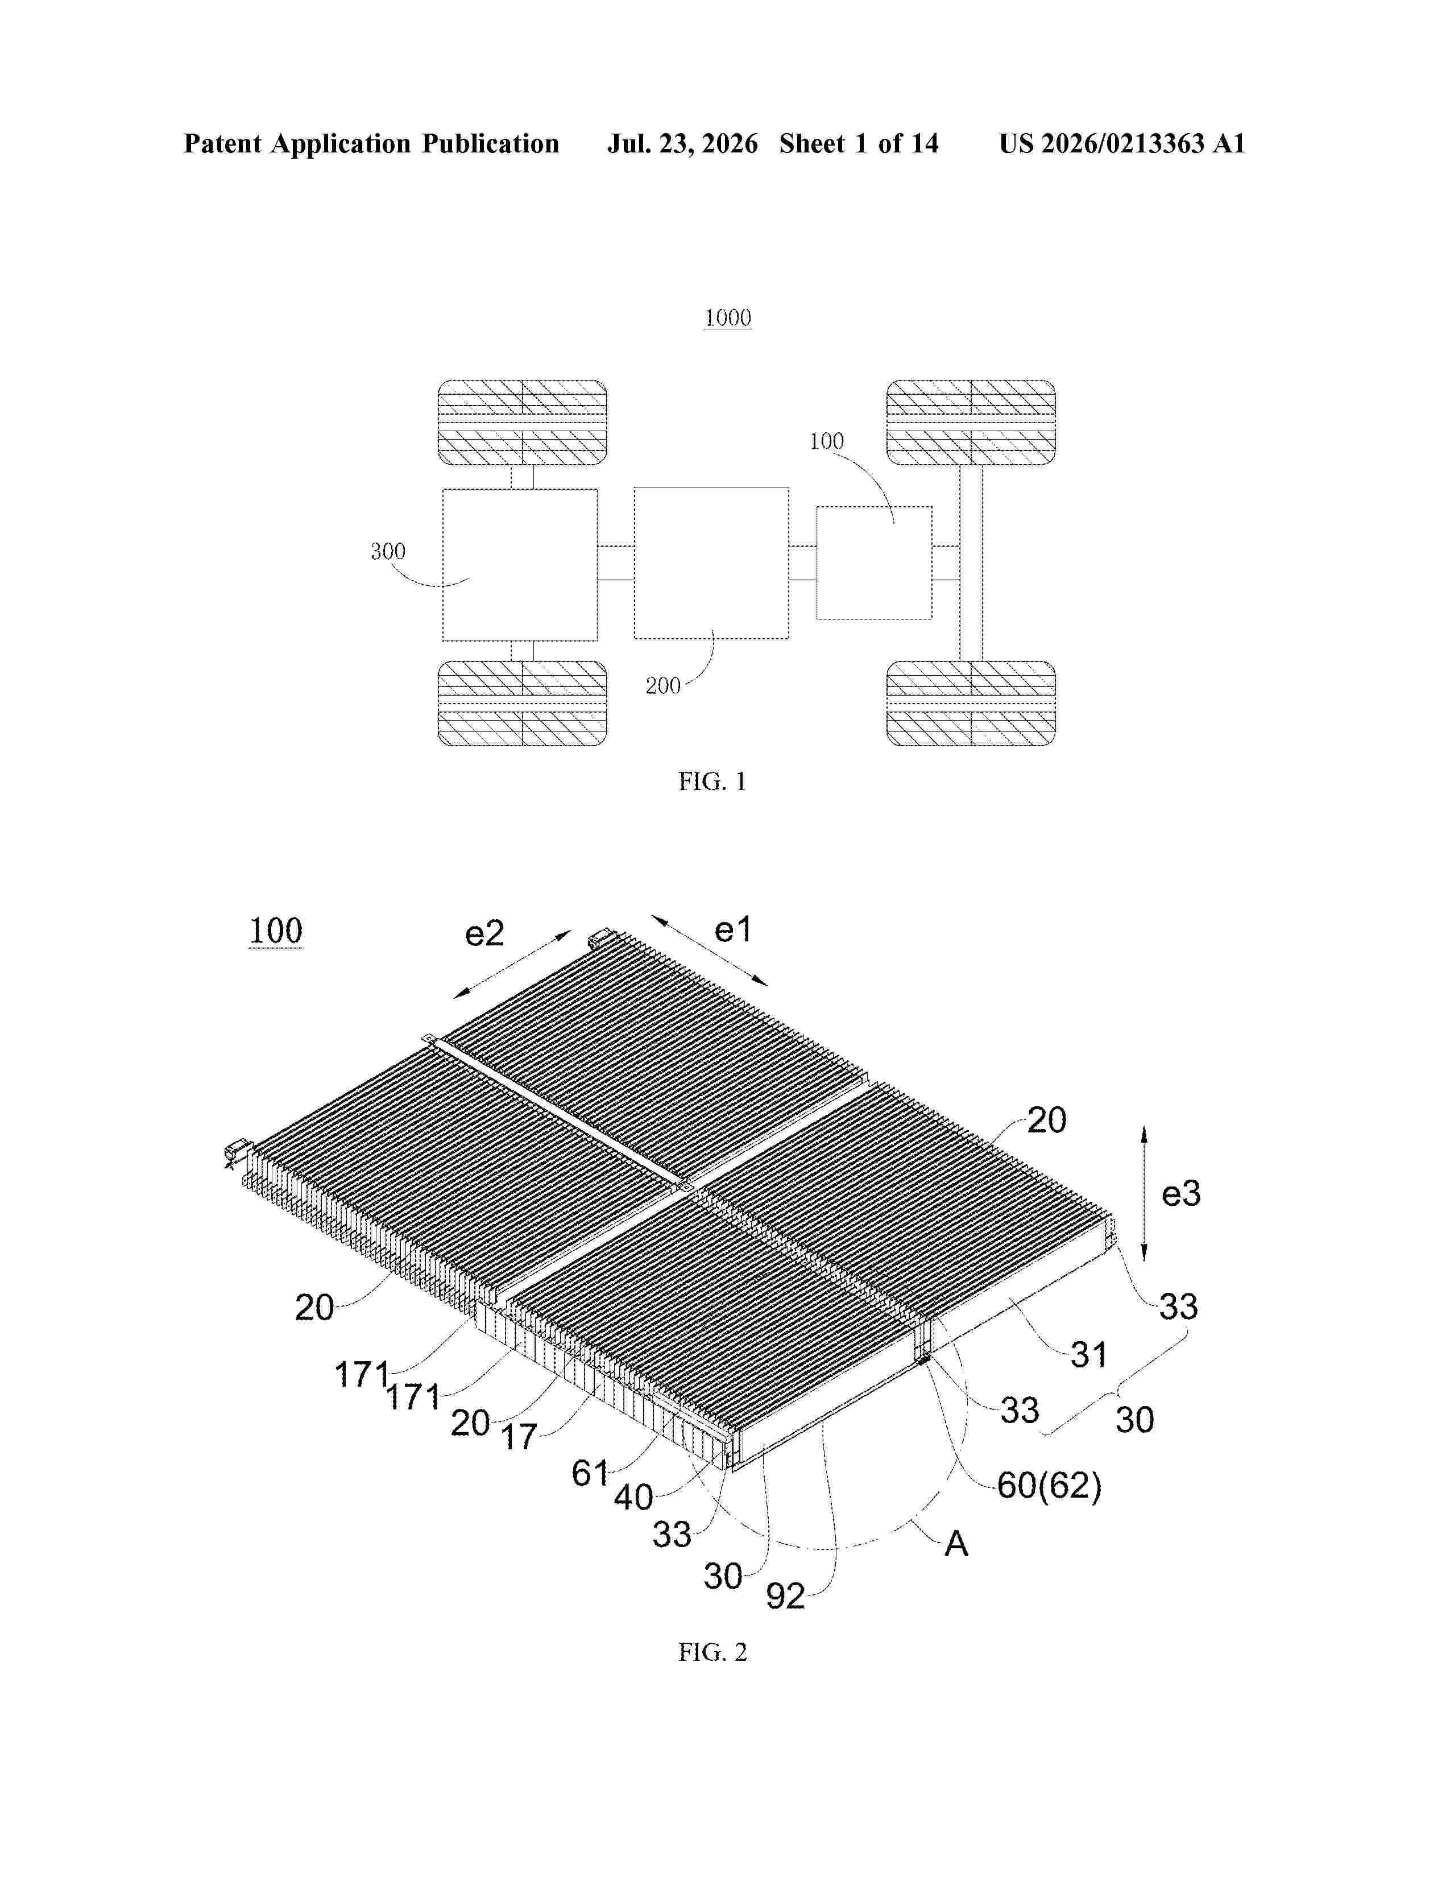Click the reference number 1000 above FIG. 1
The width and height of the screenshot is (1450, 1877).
[728, 318]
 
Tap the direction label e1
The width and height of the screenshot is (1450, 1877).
[733, 929]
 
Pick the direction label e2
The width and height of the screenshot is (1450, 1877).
[484, 933]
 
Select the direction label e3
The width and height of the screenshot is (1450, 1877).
[1181, 1194]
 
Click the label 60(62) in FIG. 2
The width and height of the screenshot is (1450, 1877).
[1049, 1485]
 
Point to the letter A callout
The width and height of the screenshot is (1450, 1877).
[956, 1544]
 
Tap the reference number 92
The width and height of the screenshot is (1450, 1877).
[785, 1596]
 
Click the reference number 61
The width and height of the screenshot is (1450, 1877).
[590, 1474]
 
